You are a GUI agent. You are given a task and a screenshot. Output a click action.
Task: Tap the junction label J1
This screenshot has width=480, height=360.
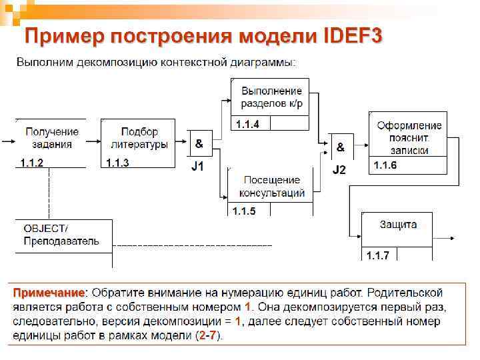tap(198, 167)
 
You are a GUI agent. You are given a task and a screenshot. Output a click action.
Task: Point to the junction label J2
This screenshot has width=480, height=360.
tap(339, 170)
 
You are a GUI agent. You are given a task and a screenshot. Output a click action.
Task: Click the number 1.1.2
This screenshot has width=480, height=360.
tap(31, 163)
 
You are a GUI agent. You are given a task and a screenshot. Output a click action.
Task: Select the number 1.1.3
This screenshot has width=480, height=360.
tap(117, 163)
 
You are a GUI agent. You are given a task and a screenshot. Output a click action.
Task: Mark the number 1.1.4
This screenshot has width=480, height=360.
tap(247, 124)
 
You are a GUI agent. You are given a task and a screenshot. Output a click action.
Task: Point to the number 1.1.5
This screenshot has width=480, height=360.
tap(243, 211)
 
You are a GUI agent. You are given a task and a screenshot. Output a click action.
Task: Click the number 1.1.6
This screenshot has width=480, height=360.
tap(385, 165)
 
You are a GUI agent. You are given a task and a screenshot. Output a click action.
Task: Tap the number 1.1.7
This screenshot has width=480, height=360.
tap(378, 255)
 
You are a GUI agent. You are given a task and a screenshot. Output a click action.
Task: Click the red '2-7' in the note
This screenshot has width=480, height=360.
tap(208, 335)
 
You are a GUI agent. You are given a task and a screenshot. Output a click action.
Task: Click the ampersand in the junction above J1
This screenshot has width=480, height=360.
tap(199, 143)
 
